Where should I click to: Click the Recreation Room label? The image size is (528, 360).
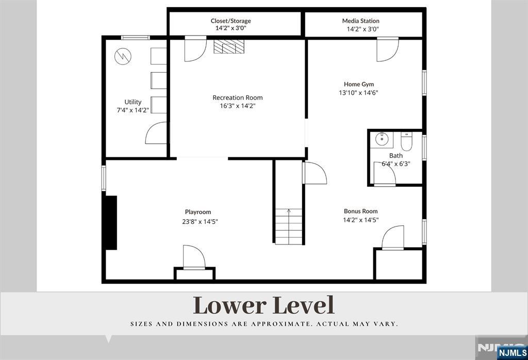point(237,97)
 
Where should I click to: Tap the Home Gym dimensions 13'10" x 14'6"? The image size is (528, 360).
point(358,93)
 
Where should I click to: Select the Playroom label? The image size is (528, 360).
point(198,212)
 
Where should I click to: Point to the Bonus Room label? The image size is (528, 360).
point(360,211)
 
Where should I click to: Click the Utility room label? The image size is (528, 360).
point(133,102)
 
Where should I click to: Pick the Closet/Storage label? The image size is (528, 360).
point(230,21)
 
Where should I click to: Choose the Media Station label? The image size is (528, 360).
point(360,21)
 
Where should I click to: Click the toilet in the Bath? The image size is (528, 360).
point(406,141)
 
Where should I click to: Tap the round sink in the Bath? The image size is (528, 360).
point(382,138)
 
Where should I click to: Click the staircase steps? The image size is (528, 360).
point(289,226)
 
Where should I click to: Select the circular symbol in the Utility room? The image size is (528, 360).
point(123,57)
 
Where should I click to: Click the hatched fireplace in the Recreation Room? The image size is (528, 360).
point(229,47)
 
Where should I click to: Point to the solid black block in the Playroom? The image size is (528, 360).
point(111,223)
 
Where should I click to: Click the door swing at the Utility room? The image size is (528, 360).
point(156,133)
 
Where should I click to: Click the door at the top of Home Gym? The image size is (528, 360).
point(388,50)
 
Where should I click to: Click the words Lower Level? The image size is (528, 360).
point(263,305)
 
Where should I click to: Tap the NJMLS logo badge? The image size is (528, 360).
point(511,353)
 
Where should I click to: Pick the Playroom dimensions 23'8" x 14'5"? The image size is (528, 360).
point(200,222)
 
